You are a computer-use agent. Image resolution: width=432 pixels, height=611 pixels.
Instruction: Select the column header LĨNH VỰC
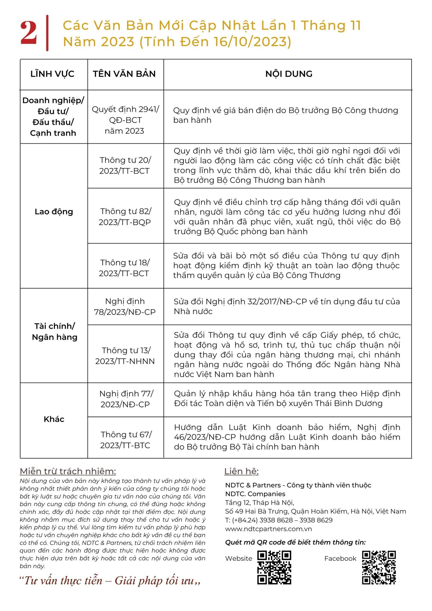[x=53, y=74]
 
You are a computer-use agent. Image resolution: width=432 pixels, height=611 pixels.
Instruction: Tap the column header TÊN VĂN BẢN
[x=124, y=74]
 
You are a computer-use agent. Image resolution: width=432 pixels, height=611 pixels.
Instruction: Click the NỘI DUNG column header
[x=289, y=74]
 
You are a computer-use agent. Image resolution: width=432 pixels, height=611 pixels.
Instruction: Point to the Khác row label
[x=54, y=419]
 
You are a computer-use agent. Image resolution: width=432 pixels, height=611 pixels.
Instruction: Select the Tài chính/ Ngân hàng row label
[x=55, y=332]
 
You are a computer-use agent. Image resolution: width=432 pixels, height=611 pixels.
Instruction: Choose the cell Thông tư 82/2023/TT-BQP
[x=125, y=217]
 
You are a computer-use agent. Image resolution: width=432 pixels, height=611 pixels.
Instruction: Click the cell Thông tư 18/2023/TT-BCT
[x=124, y=268]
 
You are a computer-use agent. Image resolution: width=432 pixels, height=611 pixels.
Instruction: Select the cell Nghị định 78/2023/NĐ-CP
[x=125, y=306]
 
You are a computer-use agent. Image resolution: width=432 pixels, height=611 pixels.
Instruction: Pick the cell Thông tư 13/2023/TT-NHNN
[x=125, y=356]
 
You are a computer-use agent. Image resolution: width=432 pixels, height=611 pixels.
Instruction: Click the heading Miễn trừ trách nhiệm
[x=68, y=471]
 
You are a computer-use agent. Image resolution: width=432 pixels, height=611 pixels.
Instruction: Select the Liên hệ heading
[x=242, y=471]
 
